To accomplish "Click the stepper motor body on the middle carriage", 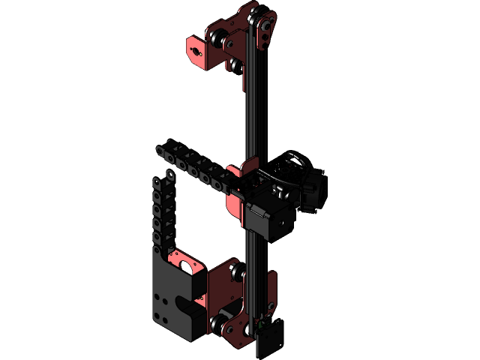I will coord(266,217).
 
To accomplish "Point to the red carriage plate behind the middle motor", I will coord(234,187).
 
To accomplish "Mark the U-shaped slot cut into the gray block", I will coord(190,303).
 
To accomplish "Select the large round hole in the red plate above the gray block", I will coord(184,264).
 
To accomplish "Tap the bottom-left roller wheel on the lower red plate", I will coord(219,324).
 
